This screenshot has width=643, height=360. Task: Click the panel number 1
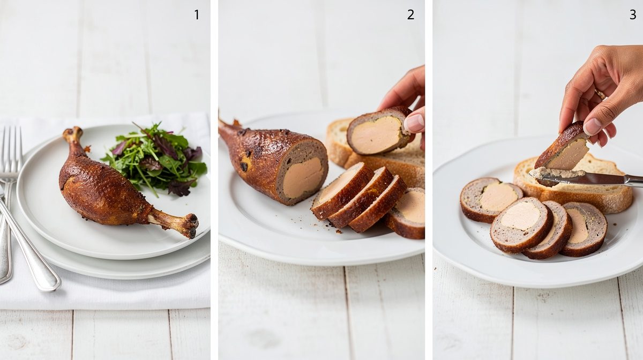pos(197,14)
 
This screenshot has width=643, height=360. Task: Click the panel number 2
pos(411,14)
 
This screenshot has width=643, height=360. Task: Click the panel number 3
pos(633,14)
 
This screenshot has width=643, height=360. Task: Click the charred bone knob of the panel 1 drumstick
pos(190,226)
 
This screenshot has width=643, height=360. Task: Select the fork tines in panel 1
pos(11,149)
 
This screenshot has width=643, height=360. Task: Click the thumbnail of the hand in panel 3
pos(592,126)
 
